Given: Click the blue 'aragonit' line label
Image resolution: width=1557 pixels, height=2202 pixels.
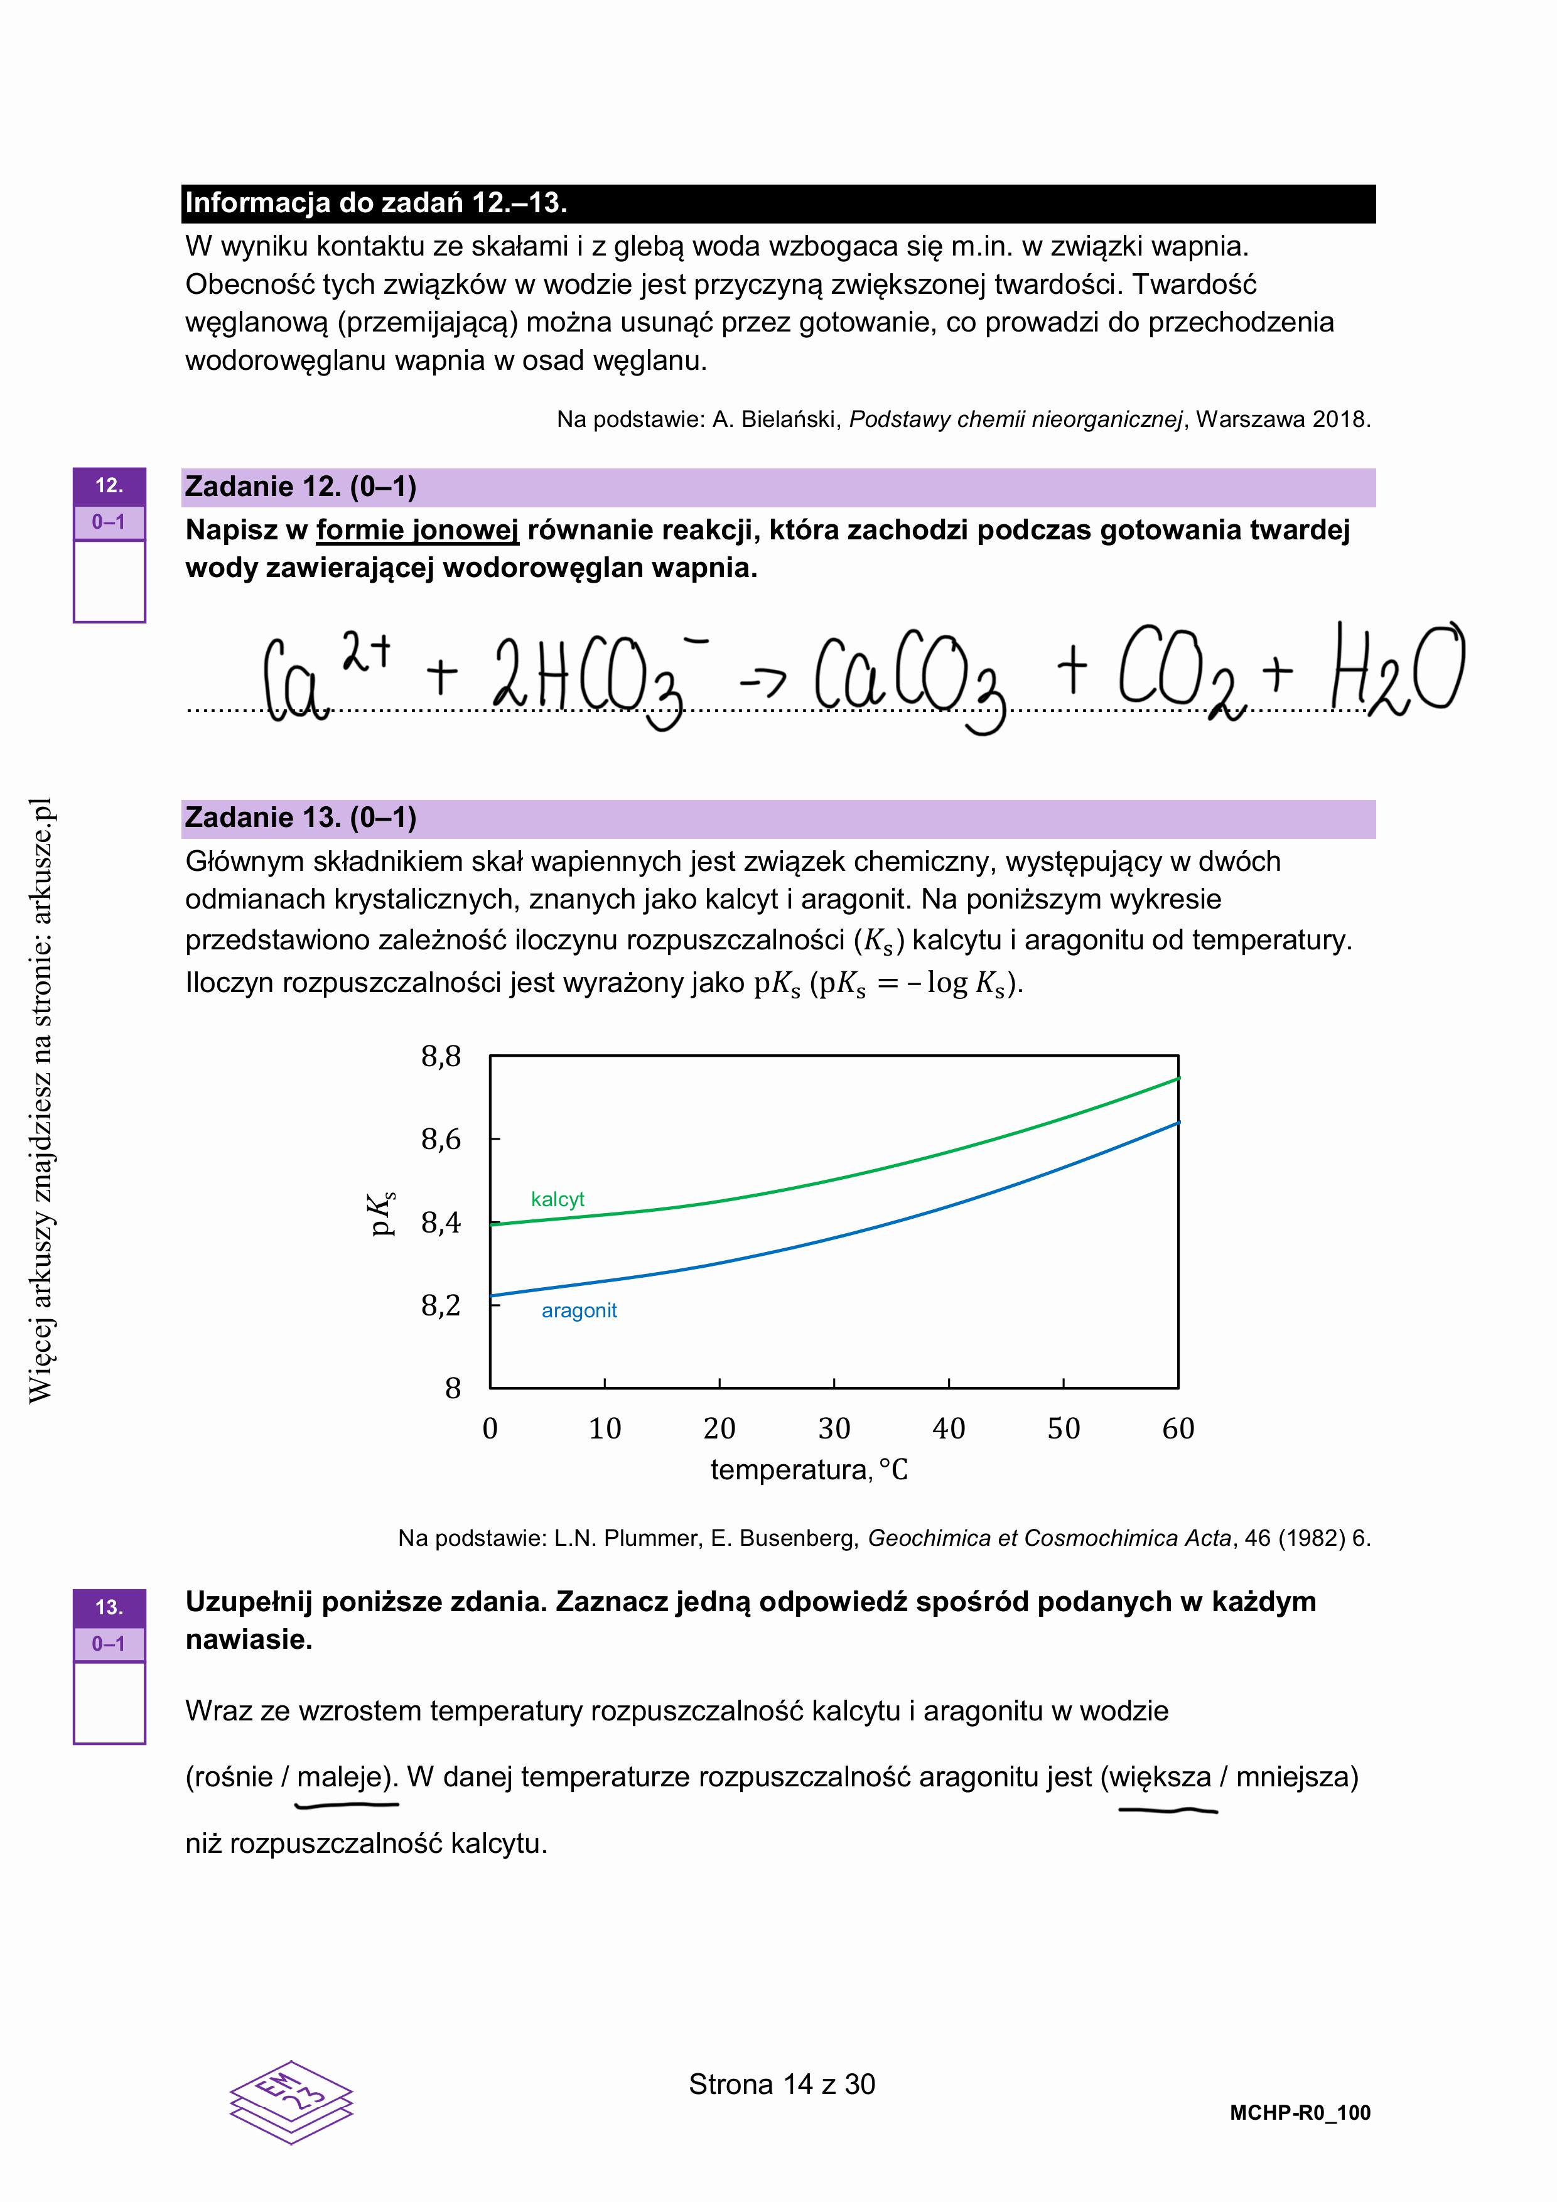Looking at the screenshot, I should (579, 1311).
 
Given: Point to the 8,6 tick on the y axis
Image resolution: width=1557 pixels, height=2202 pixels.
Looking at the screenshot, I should (441, 1140).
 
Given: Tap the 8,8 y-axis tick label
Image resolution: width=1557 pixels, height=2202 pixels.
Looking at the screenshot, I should (441, 1057).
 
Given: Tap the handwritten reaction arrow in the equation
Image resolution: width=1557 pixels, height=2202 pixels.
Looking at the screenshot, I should (762, 679).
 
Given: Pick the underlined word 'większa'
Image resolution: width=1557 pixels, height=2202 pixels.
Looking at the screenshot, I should (1161, 1777).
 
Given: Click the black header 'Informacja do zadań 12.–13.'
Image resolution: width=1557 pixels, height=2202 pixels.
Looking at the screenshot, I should (376, 203).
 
